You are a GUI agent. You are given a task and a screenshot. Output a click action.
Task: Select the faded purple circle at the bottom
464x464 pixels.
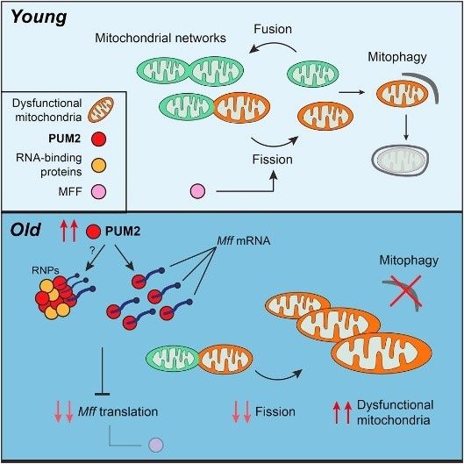point(156,447)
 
